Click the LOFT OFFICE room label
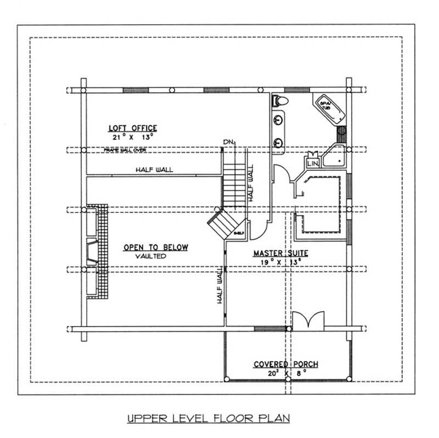pyautogui.click(x=133, y=128)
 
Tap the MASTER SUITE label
pyautogui.click(x=280, y=253)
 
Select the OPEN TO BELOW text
pyautogui.click(x=155, y=248)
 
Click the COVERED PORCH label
pyautogui.click(x=285, y=364)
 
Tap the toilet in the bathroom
pyautogui.click(x=279, y=100)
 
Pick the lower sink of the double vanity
pyautogui.click(x=279, y=142)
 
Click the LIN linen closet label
pyautogui.click(x=313, y=164)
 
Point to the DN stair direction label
pyautogui.click(x=228, y=143)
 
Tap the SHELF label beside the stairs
pyautogui.click(x=239, y=233)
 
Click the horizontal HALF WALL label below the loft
pyautogui.click(x=154, y=170)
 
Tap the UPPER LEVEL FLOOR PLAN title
pyautogui.click(x=208, y=418)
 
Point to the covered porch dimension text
pyautogui.click(x=285, y=373)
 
